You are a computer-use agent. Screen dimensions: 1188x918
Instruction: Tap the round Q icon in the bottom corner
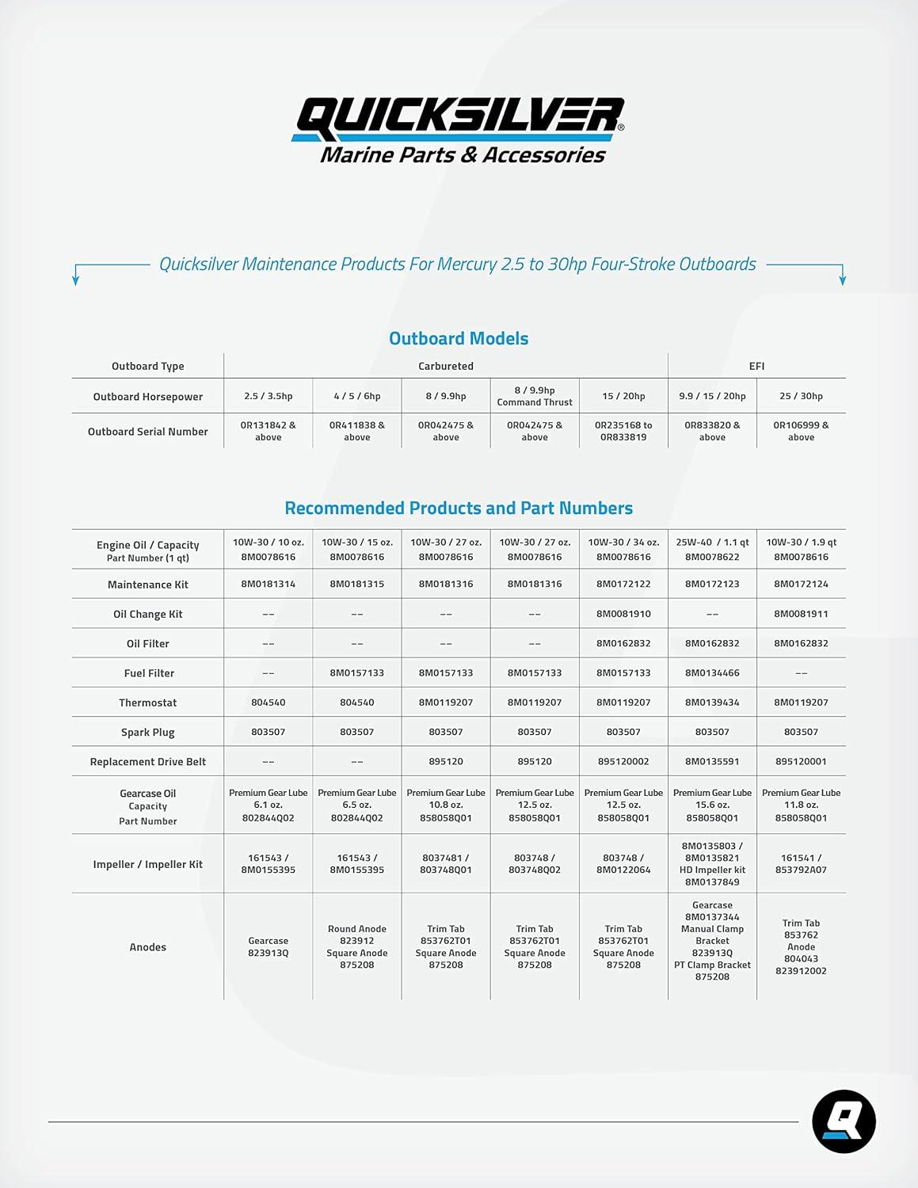coord(844,1121)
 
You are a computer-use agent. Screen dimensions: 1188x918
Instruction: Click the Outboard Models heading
coord(459,338)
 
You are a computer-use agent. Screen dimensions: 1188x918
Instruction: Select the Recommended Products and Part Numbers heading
coord(459,508)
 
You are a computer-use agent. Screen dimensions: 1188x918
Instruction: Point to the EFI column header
coord(756,366)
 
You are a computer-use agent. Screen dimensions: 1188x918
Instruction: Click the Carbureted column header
coord(446,366)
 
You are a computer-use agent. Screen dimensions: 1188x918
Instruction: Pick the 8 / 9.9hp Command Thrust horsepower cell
coord(535,396)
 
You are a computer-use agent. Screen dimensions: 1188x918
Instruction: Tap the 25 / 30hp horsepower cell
coord(801,396)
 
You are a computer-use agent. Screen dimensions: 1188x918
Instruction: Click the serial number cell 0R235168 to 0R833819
coord(623,431)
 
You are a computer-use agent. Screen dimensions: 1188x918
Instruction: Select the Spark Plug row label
coord(148,733)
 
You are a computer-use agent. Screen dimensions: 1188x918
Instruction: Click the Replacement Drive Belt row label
coord(148,762)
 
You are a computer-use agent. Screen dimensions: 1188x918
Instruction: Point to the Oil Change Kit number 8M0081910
coord(623,614)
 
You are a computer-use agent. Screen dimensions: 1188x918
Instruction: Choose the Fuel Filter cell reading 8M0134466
coord(712,672)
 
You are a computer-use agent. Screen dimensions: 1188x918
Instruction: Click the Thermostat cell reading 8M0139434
coord(712,703)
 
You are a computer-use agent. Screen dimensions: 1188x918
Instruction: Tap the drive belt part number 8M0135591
coord(712,761)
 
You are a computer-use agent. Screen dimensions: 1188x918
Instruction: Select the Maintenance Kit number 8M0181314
coord(269,584)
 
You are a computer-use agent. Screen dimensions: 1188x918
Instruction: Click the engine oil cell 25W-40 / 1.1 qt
coord(712,543)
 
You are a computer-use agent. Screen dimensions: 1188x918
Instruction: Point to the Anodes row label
coord(148,947)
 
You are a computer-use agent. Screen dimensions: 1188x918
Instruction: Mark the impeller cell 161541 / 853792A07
coord(801,863)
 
